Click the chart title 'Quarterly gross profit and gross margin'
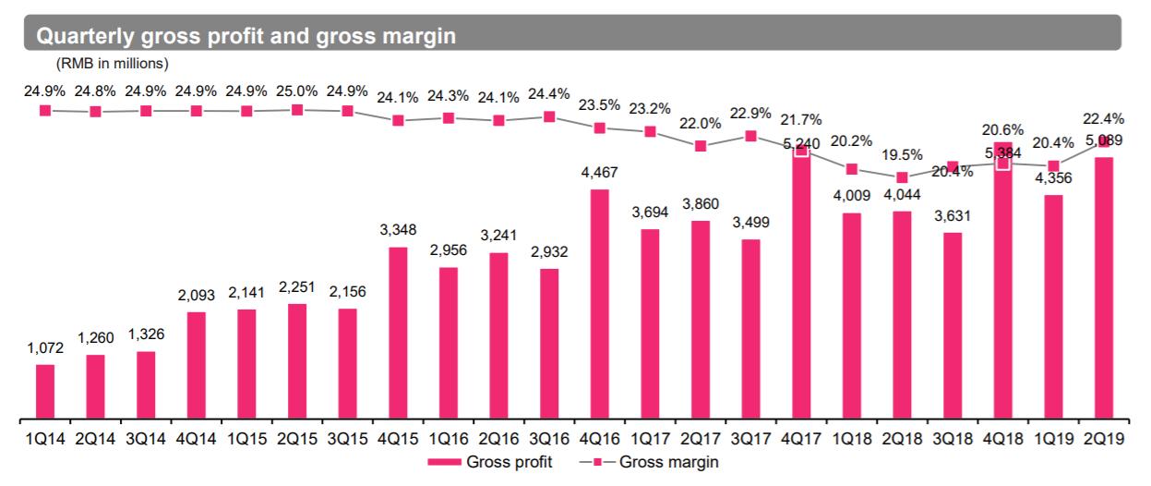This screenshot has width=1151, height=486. click(x=246, y=36)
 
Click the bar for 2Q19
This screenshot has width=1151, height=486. click(x=1103, y=286)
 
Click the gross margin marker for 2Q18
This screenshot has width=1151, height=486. click(x=902, y=176)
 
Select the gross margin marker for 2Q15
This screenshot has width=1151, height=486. click(x=297, y=110)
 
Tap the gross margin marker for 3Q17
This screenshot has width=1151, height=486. click(x=750, y=136)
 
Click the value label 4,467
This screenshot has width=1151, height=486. click(x=599, y=173)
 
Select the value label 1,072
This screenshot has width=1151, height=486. click(x=45, y=348)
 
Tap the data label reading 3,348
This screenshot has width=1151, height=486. click(x=398, y=230)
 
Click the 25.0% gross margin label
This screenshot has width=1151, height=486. click(x=297, y=91)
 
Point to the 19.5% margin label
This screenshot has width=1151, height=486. click(x=902, y=154)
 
